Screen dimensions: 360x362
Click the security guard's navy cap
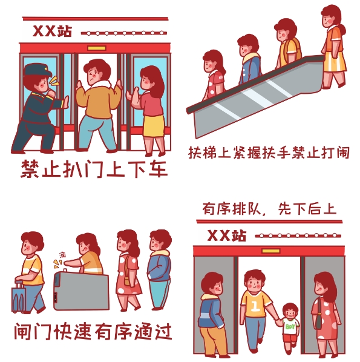click(38, 70)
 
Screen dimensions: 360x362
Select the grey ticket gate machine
click(81, 291)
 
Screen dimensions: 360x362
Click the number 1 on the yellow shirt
click(255, 306)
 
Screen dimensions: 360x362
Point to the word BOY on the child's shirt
click(290, 326)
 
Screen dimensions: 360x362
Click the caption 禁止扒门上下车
click(94, 169)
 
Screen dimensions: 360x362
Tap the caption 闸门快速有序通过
click(93, 332)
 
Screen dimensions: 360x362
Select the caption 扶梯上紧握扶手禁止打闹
click(269, 153)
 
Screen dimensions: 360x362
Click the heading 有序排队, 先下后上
click(269, 209)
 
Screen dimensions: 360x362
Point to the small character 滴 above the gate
click(62, 255)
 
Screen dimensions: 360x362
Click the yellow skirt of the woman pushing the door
click(154, 126)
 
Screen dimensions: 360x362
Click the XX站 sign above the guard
click(52, 31)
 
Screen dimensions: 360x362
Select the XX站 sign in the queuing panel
click(227, 235)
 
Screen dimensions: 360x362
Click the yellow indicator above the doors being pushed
click(97, 48)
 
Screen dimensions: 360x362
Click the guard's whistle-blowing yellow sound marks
click(55, 81)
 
